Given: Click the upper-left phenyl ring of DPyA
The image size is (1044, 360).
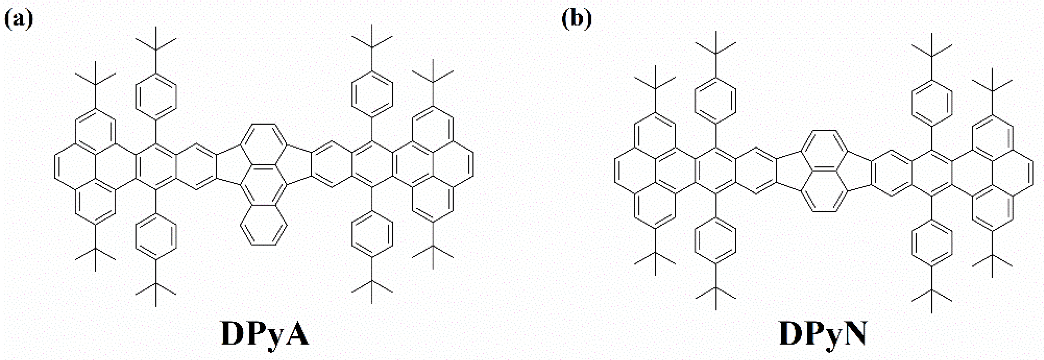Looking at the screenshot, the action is (156, 97).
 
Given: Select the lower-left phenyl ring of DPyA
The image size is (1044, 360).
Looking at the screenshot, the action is (156, 236).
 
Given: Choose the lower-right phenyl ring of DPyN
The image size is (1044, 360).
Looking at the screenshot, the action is (931, 243).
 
